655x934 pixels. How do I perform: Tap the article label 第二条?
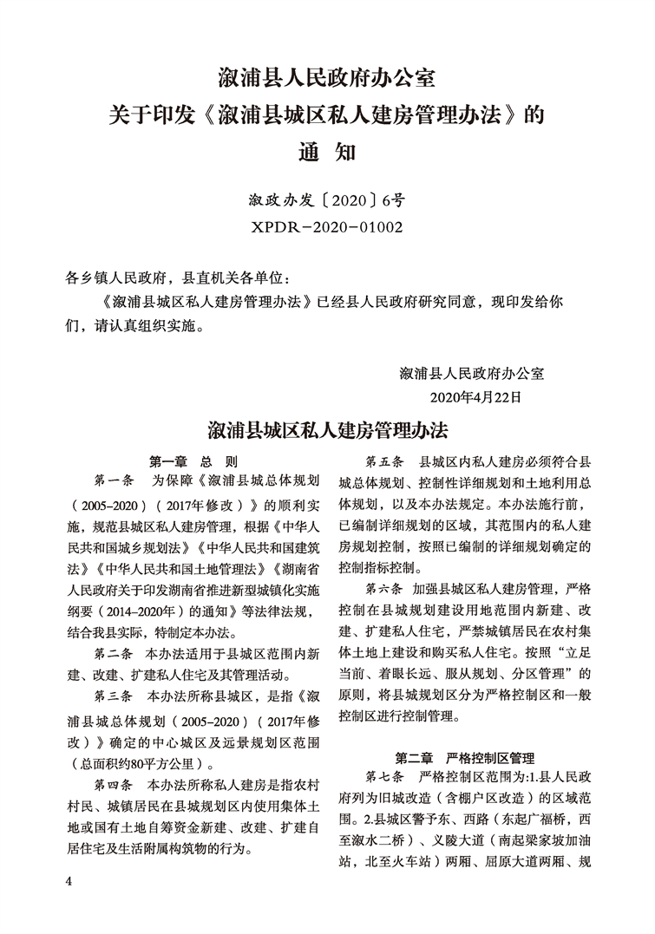[112, 652]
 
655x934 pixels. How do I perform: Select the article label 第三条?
[112, 696]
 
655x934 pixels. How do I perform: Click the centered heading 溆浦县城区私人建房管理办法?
[327, 430]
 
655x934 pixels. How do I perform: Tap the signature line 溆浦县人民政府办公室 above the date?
[471, 374]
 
